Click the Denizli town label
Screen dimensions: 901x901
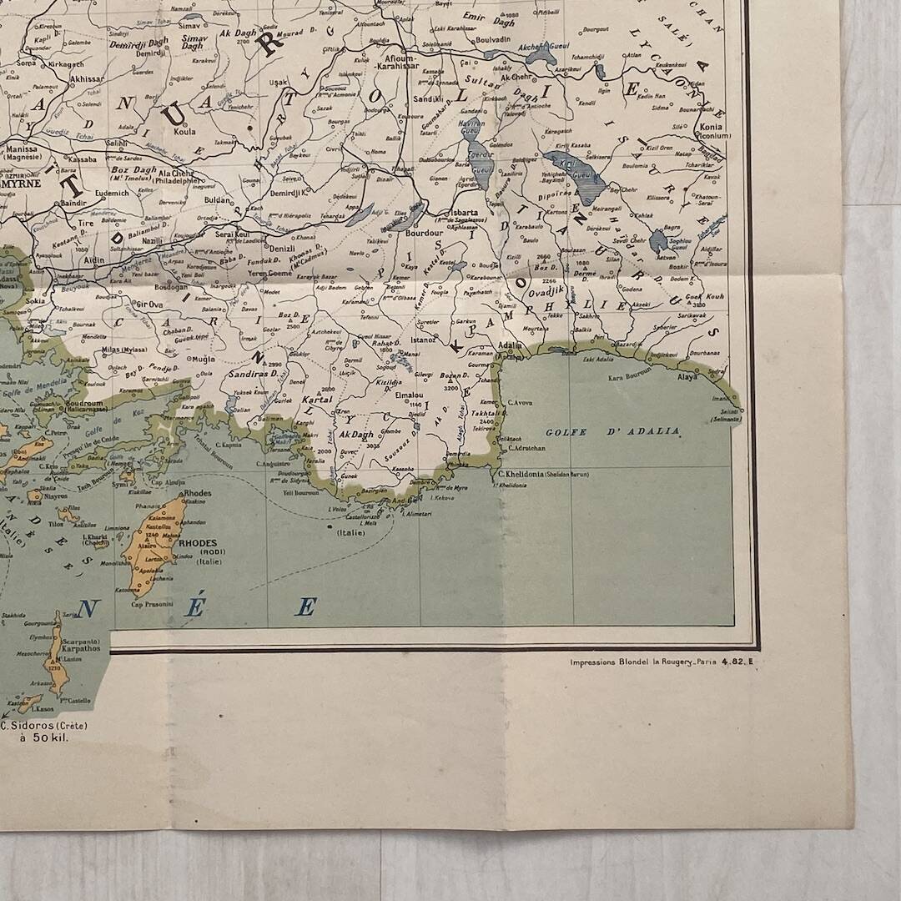[x=278, y=248]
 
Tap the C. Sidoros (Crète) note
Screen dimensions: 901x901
[x=43, y=725]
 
